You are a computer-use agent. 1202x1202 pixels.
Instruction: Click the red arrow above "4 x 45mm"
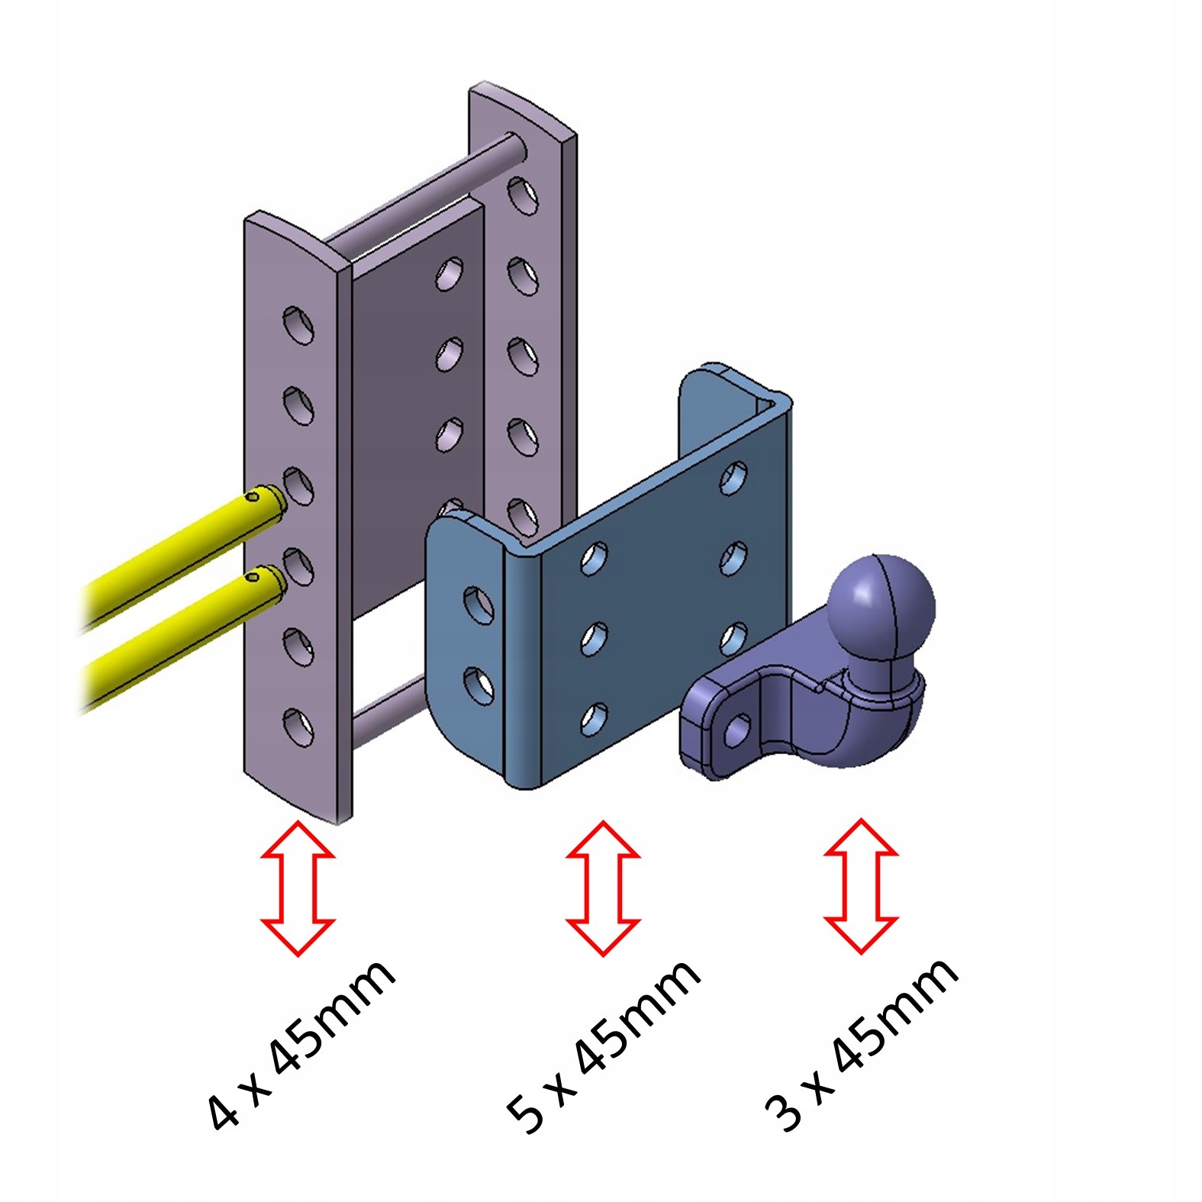coord(298,888)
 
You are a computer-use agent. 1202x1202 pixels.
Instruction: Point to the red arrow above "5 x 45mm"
coord(603,888)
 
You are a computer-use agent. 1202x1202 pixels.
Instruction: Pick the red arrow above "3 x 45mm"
coord(861,887)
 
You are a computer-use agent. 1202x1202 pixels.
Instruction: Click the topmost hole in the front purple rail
coord(298,324)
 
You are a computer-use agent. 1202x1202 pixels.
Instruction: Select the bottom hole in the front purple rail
coord(298,727)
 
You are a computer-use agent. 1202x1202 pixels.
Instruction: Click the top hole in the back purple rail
coord(523,195)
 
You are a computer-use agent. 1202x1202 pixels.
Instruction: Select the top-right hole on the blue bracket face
coord(734,476)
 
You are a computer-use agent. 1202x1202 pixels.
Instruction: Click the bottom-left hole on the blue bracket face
coord(594,718)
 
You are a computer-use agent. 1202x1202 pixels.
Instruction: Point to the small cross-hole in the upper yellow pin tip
coord(252,497)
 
